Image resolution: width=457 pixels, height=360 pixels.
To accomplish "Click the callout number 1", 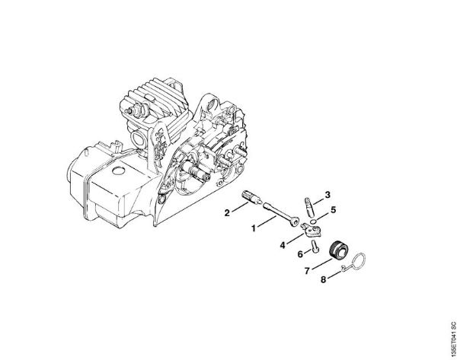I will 254,226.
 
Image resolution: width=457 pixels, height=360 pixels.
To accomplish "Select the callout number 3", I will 328,195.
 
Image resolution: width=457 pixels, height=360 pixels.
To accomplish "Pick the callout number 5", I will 333,209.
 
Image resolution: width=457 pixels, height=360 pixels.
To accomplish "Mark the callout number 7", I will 307,269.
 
